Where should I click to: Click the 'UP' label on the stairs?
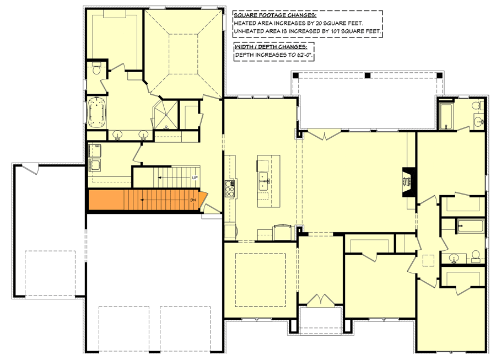pyautogui.click(x=195, y=178)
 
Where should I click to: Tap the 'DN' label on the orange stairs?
pyautogui.click(x=193, y=200)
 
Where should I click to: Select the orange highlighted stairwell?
pyautogui.click(x=143, y=200)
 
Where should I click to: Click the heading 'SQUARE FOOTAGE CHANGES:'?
pyautogui.click(x=275, y=15)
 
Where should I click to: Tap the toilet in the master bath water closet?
pyautogui.click(x=96, y=69)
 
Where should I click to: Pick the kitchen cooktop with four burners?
pyautogui.click(x=229, y=190)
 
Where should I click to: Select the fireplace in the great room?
pyautogui.click(x=408, y=182)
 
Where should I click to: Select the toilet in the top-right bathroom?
pyautogui.click(x=481, y=105)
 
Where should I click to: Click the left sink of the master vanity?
pyautogui.click(x=117, y=135)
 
